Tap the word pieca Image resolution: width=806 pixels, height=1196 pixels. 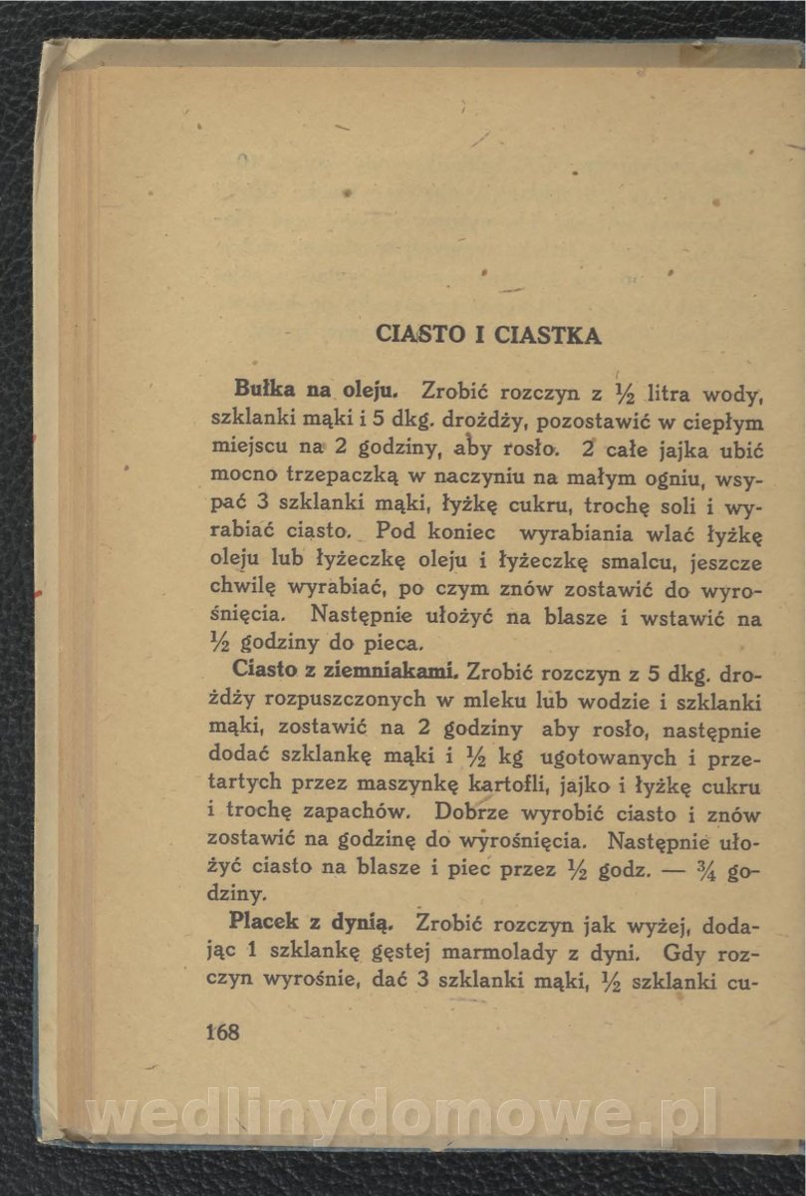[397, 647]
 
